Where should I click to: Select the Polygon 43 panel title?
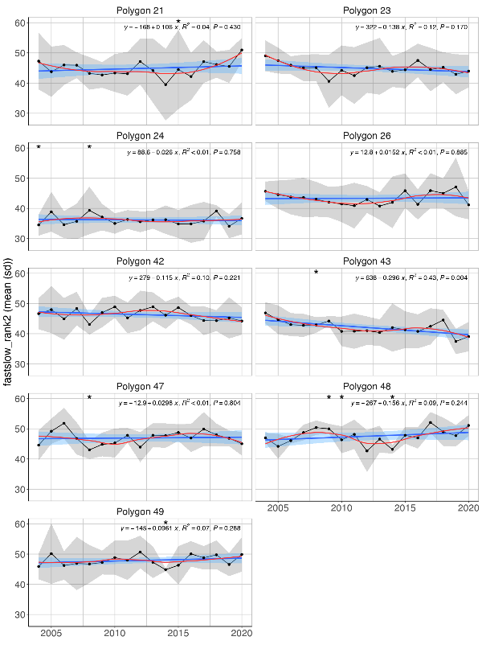click(x=366, y=261)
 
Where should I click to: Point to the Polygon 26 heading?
click(x=366, y=136)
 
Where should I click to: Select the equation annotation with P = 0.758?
click(x=182, y=152)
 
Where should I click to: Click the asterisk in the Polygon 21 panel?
click(x=178, y=23)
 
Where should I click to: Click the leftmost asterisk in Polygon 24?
click(x=39, y=148)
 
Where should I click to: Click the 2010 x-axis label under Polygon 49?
click(x=114, y=633)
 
